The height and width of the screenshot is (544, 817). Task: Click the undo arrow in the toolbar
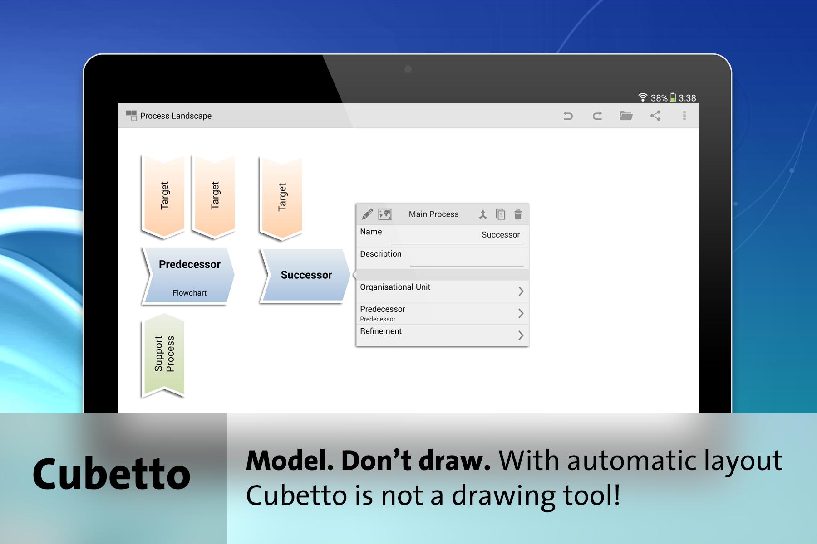tap(568, 116)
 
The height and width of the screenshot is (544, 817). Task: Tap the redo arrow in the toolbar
tap(597, 116)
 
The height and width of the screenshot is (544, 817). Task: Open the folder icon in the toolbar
tap(626, 116)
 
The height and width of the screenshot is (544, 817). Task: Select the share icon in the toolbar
tap(655, 116)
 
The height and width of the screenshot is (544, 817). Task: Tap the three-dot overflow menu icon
tap(684, 116)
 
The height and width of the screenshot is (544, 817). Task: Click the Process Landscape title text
tap(176, 116)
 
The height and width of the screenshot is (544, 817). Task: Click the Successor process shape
tap(305, 275)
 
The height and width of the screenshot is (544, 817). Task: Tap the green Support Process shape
tap(163, 355)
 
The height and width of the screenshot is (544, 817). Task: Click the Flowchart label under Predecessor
tap(189, 293)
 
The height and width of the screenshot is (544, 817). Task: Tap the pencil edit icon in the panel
tap(367, 214)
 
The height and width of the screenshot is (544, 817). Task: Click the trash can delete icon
tap(518, 214)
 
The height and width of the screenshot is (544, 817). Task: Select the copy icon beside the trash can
tap(500, 214)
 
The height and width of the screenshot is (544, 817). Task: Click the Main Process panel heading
tap(433, 214)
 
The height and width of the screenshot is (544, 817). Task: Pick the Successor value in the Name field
tap(501, 235)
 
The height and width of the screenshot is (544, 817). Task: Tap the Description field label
tap(380, 254)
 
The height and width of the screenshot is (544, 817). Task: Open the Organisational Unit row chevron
tap(521, 291)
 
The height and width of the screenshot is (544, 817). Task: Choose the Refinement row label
tap(381, 331)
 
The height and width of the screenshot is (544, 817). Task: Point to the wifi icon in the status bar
tap(643, 97)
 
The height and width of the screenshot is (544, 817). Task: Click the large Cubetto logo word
tap(112, 474)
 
